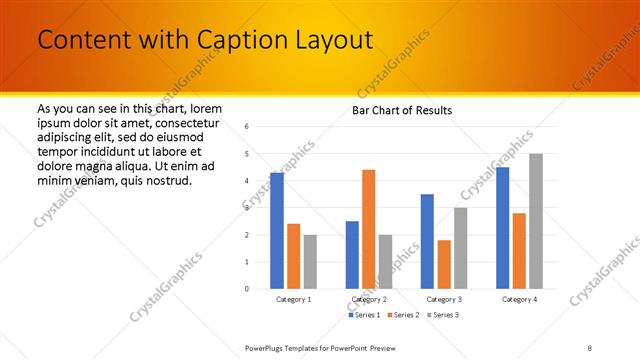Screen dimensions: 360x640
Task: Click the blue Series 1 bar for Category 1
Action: (x=277, y=231)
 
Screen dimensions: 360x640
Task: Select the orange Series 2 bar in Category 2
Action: (x=368, y=229)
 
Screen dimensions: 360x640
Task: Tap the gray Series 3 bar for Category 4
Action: (x=535, y=221)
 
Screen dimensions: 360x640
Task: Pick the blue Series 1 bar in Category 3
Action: (x=427, y=241)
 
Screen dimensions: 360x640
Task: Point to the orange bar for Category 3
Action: (x=443, y=264)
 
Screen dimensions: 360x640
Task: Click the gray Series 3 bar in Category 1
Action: (x=310, y=262)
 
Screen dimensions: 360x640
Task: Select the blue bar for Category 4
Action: (x=502, y=228)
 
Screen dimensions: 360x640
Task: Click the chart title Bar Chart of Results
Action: (x=402, y=110)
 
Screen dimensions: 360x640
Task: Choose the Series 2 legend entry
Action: (x=402, y=315)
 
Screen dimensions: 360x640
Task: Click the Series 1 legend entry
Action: (x=365, y=315)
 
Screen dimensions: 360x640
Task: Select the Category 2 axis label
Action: (x=368, y=299)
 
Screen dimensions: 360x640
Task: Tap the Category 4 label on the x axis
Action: (x=518, y=299)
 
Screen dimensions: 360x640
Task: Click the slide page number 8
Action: (x=590, y=348)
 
